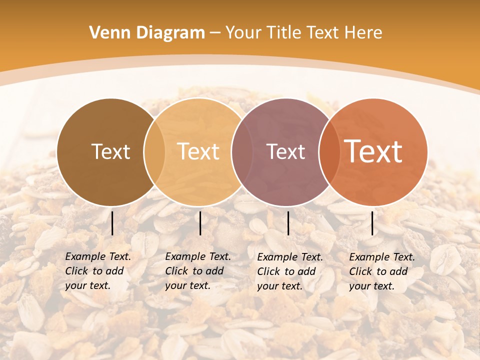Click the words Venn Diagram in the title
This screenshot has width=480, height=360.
click(147, 33)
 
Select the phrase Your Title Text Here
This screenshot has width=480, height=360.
click(303, 33)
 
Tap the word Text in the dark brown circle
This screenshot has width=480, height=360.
click(110, 152)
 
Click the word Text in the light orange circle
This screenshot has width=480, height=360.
click(198, 152)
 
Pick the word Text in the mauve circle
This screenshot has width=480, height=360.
click(285, 152)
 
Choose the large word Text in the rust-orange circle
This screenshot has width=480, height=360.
click(373, 152)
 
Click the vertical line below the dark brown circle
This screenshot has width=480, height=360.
click(112, 223)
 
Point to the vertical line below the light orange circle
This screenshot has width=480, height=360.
click(200, 223)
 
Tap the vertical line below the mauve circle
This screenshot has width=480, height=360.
click(288, 223)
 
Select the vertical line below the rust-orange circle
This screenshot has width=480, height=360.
click(372, 223)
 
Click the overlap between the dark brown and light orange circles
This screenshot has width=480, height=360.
click(154, 152)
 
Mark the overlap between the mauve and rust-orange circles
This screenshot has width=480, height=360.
click(328, 152)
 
